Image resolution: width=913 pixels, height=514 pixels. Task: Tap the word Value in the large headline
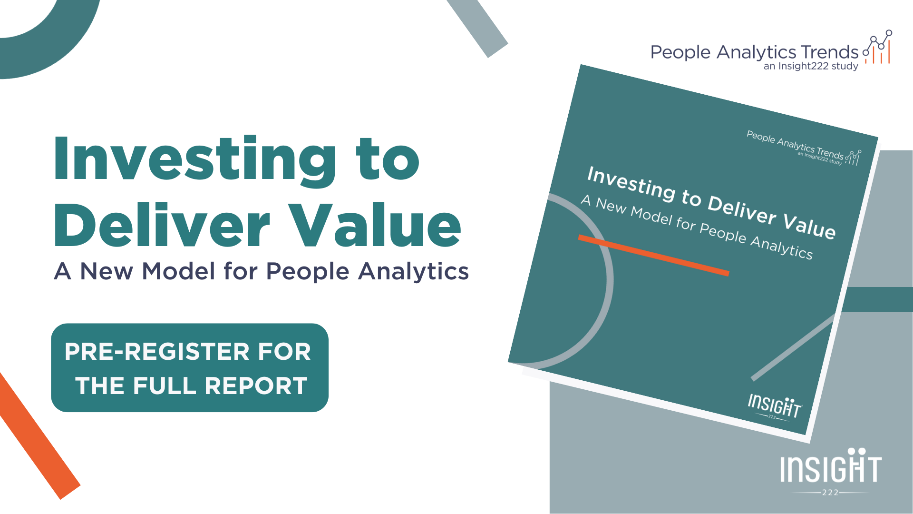click(376, 225)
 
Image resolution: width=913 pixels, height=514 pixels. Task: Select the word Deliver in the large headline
click(162, 225)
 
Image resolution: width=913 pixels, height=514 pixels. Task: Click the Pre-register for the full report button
click(189, 367)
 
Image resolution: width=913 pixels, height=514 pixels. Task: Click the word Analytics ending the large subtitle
click(413, 272)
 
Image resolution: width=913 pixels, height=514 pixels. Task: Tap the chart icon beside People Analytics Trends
click(878, 48)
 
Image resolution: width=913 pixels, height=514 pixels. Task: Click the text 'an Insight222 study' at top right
click(811, 66)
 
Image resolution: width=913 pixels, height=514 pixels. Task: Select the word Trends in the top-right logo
click(830, 52)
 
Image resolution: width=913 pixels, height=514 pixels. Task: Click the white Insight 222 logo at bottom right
click(831, 471)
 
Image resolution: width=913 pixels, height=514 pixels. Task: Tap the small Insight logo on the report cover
click(774, 406)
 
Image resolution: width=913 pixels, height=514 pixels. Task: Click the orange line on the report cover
click(653, 255)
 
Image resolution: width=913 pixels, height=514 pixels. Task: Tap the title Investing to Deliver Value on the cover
click(711, 202)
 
